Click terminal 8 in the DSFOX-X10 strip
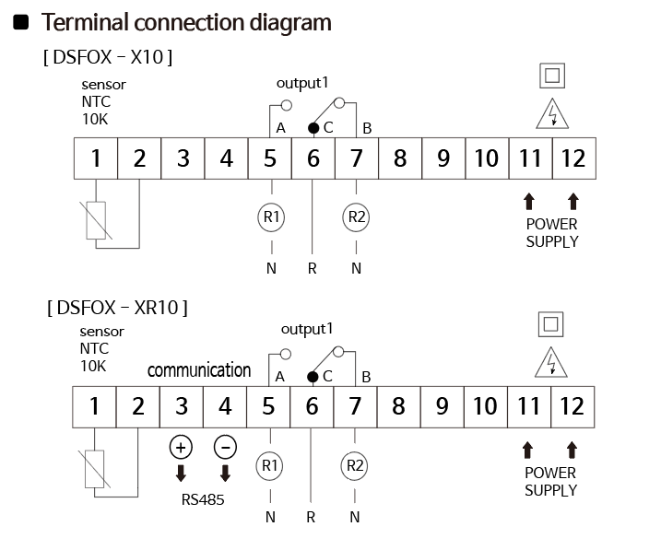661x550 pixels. [x=400, y=158]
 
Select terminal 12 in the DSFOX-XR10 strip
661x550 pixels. [x=572, y=407]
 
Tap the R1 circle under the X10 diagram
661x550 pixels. [x=271, y=217]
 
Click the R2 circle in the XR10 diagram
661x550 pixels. [x=355, y=466]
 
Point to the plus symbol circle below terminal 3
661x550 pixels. [x=181, y=447]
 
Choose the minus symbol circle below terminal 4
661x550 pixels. [x=225, y=447]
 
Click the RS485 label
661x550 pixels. [x=203, y=500]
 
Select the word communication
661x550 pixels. [x=199, y=370]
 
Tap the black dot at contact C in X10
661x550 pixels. [x=313, y=128]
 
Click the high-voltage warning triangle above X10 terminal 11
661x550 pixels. [x=552, y=113]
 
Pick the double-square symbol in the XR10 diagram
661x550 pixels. [x=551, y=324]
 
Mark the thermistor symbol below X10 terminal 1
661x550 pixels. [x=96, y=220]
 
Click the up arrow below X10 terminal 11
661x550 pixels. [x=529, y=202]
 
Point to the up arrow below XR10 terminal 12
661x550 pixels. [x=572, y=450]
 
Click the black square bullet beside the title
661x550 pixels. [x=21, y=22]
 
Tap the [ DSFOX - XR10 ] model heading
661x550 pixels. [x=117, y=308]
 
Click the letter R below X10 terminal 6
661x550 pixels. [x=312, y=268]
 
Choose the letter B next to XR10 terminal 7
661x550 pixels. [x=366, y=377]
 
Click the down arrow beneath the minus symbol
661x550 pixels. [x=226, y=474]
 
